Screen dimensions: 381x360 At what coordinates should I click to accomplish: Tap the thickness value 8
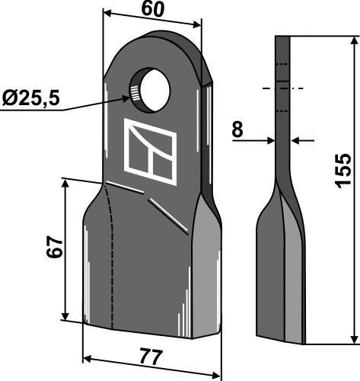click(x=237, y=130)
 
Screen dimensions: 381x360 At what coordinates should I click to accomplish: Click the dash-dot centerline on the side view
click(x=282, y=89)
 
